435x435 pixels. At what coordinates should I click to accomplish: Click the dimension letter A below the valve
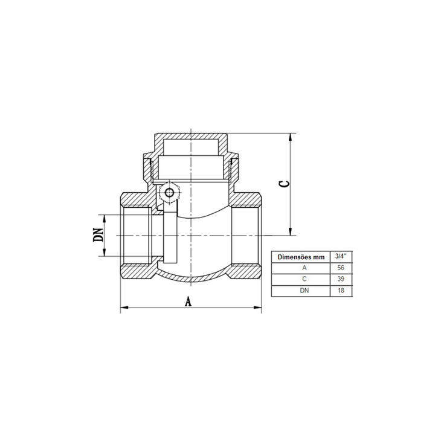click(188, 301)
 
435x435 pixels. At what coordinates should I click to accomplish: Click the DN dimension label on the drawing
click(98, 234)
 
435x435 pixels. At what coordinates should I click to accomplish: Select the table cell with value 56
click(341, 268)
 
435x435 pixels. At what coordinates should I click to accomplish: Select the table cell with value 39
click(341, 279)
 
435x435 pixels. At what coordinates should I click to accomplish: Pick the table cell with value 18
click(341, 291)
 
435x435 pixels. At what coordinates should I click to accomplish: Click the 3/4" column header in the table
click(341, 257)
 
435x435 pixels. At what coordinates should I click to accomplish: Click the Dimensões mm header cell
click(301, 257)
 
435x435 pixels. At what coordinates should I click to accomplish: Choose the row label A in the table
click(304, 268)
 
